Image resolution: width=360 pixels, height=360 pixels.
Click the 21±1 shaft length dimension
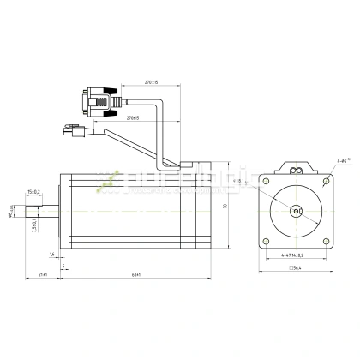tap(43, 274)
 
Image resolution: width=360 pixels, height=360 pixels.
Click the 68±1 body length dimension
tap(137, 274)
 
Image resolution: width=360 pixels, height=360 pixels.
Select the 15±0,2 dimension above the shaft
tap(34, 193)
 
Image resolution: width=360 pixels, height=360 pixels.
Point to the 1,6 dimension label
tap(52, 255)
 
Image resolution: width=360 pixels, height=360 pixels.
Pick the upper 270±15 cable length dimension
tap(153, 82)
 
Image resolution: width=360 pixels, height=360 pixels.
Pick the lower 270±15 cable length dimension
tap(133, 117)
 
